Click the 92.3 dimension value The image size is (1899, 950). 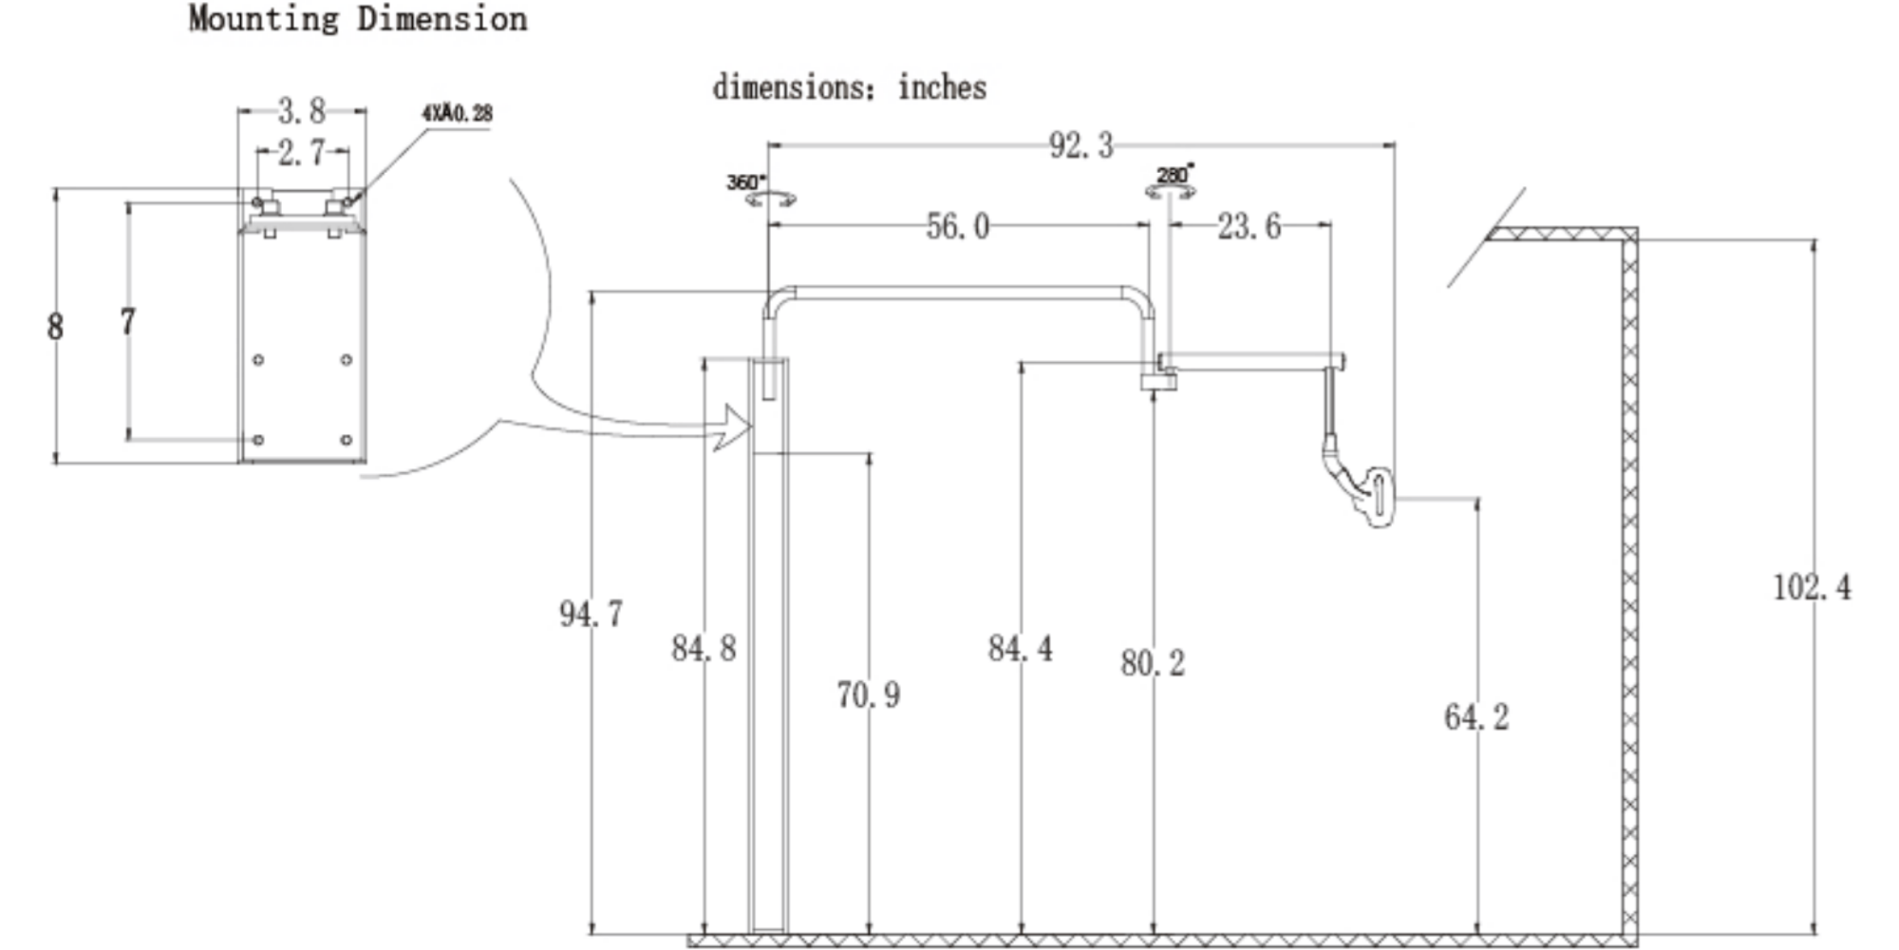pyautogui.click(x=1081, y=145)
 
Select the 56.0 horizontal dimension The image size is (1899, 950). pyautogui.click(x=957, y=227)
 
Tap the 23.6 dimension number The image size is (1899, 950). pyautogui.click(x=1249, y=227)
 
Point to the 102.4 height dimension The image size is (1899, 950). pyautogui.click(x=1812, y=587)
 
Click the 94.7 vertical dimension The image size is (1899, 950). pyautogui.click(x=591, y=614)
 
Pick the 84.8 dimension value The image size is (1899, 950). pyautogui.click(x=704, y=649)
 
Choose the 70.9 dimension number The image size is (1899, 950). pyautogui.click(x=868, y=694)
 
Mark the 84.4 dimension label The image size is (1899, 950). pyautogui.click(x=1020, y=649)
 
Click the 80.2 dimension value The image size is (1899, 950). pyautogui.click(x=1153, y=663)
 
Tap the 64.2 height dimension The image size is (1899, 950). pyautogui.click(x=1476, y=717)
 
